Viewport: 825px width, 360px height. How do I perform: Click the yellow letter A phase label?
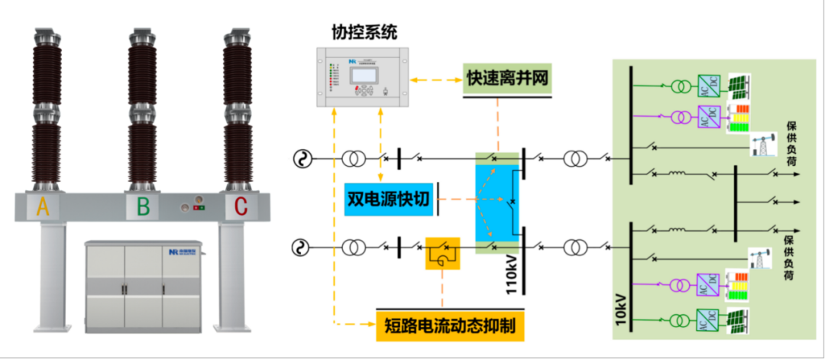[x=43, y=207]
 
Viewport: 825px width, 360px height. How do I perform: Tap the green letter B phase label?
[x=143, y=207]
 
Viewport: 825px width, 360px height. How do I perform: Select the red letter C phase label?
[x=241, y=207]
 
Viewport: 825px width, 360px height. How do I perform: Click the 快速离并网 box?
[x=507, y=79]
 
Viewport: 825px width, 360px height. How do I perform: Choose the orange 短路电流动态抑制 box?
[x=451, y=326]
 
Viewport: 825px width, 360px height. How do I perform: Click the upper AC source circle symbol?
[x=302, y=159]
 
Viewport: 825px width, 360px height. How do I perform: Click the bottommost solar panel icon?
[x=738, y=317]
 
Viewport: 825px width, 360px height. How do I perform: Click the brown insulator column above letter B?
[x=142, y=107]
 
